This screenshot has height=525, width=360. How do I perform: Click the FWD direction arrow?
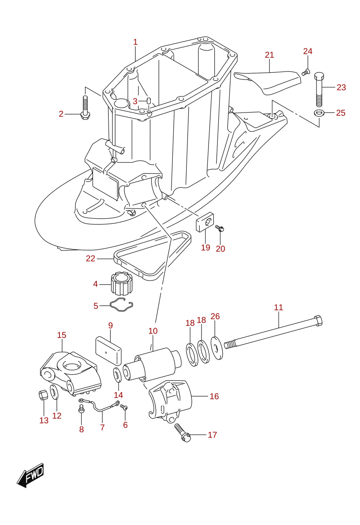coord(30,475)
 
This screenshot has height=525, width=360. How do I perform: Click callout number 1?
coord(135,42)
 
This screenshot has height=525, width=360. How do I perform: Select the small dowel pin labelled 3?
coord(148,102)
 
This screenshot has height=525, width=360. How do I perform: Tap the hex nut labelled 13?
coord(43,396)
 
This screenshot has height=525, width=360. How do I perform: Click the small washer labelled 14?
coord(117,375)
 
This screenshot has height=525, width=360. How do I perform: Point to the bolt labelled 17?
coord(183,433)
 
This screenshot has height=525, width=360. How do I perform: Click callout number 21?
coord(269,55)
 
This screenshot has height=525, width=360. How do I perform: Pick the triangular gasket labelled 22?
coord(153,255)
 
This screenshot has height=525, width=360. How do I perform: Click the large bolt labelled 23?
coord(319,89)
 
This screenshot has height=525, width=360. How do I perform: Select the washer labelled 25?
coord(319,113)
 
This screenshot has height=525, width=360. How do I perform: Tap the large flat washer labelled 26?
coord(217,348)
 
